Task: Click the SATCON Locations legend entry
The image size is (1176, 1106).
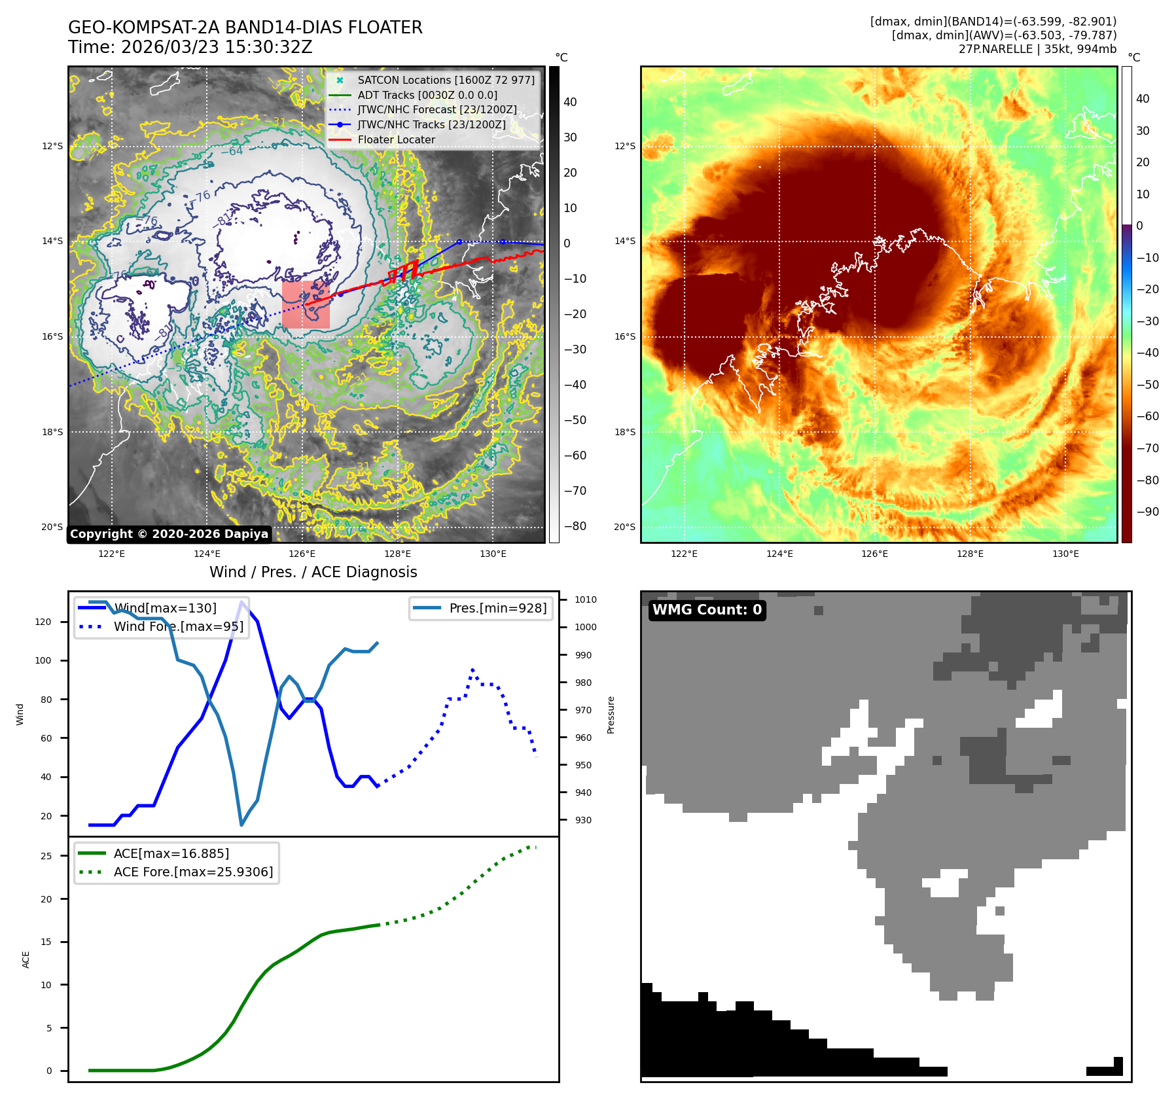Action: pos(446,80)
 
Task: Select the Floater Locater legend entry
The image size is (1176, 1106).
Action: pos(396,139)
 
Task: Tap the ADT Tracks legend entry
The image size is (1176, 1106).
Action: pos(427,95)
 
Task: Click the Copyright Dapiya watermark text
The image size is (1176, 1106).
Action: pos(169,534)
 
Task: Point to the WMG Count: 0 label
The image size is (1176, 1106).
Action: pos(707,610)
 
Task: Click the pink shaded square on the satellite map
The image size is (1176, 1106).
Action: pos(306,304)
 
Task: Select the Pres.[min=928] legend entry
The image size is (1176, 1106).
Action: pos(497,608)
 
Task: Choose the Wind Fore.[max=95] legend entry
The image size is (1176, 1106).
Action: pos(178,626)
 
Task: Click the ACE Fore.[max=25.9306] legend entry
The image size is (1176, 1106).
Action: pos(193,872)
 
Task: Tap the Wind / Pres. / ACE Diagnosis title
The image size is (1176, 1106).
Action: pos(313,572)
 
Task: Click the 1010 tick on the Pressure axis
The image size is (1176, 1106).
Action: pos(586,599)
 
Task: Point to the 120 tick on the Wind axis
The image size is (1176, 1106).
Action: pos(43,622)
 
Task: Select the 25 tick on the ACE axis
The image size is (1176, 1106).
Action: pos(46,856)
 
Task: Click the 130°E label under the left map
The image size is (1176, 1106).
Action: pos(493,554)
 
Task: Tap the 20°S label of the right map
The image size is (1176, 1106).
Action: pos(624,527)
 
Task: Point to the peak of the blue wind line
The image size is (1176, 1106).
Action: pos(242,602)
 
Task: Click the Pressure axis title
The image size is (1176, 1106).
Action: pos(611,715)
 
